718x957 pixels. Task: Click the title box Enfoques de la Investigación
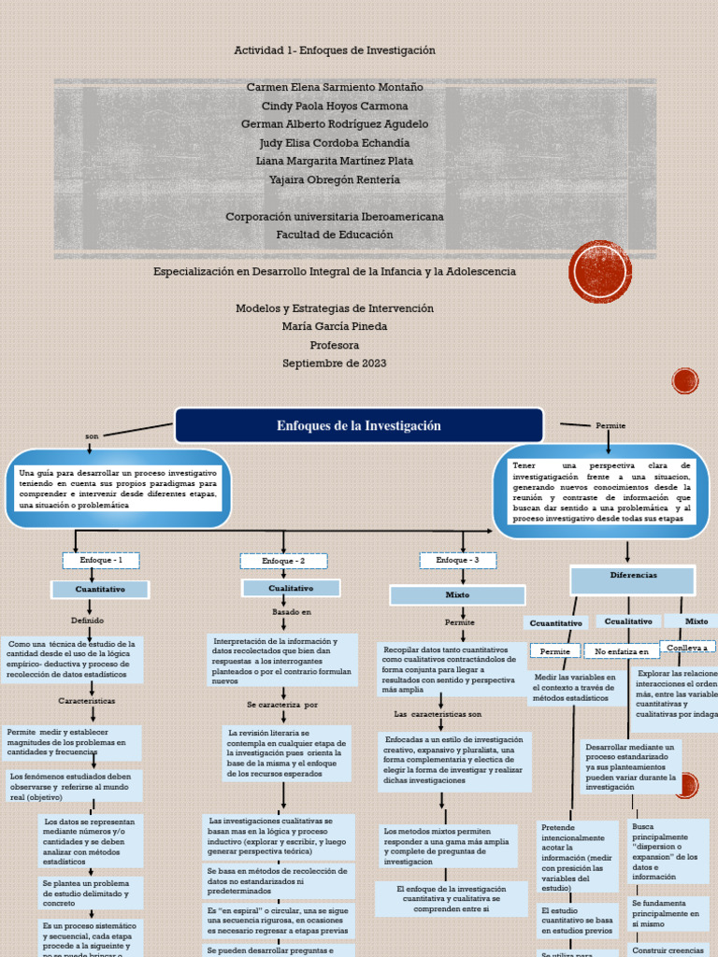coord(358,426)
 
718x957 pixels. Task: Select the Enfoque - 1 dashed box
coord(101,560)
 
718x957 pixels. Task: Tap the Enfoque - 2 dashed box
coord(283,561)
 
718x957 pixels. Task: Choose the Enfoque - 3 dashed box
coord(457,560)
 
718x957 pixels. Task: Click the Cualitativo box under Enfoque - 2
coord(291,588)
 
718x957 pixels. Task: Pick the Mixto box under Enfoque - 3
coord(457,594)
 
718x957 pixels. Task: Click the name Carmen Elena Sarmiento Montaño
coord(335,87)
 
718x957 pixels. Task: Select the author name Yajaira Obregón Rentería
coord(334,179)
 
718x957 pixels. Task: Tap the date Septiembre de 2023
coord(334,364)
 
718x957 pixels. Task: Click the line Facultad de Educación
coord(335,235)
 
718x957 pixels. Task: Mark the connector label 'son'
coord(92,436)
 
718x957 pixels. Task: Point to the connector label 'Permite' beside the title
coord(610,426)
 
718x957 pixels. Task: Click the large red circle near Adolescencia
coord(600,272)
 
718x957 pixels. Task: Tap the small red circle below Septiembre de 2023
coord(685,380)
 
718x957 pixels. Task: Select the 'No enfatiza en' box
coord(622,651)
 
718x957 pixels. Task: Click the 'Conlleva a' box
coord(687,647)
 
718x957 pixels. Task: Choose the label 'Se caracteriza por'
coord(282,704)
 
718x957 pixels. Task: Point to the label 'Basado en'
coord(292,612)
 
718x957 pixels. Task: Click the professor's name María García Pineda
coord(334,326)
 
